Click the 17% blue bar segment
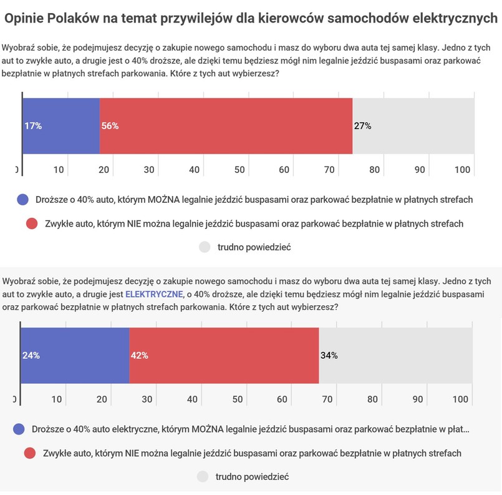click(61, 125)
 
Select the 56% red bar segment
click(226, 125)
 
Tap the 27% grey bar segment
click(413, 125)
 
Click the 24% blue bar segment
click(75, 355)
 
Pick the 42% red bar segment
click(224, 355)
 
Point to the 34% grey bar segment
click(395, 355)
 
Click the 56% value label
click(110, 125)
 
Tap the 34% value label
click(329, 355)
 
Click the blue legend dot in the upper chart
click(23, 200)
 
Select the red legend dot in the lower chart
click(29, 453)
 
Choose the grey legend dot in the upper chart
click(205, 247)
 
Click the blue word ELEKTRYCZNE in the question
click(153, 293)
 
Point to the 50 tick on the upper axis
click(239, 170)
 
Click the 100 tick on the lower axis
click(462, 399)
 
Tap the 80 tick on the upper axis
click(374, 170)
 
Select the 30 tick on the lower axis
click(147, 399)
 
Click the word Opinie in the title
click(28, 19)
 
